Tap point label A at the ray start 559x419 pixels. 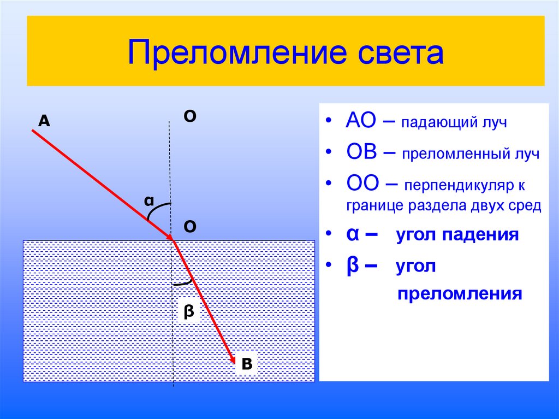point(44,122)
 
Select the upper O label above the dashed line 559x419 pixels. point(190,116)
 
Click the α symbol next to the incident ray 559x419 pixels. point(148,201)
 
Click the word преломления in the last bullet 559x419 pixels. point(460,294)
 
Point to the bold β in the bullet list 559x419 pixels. point(352,266)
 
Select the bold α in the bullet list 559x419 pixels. point(352,234)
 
